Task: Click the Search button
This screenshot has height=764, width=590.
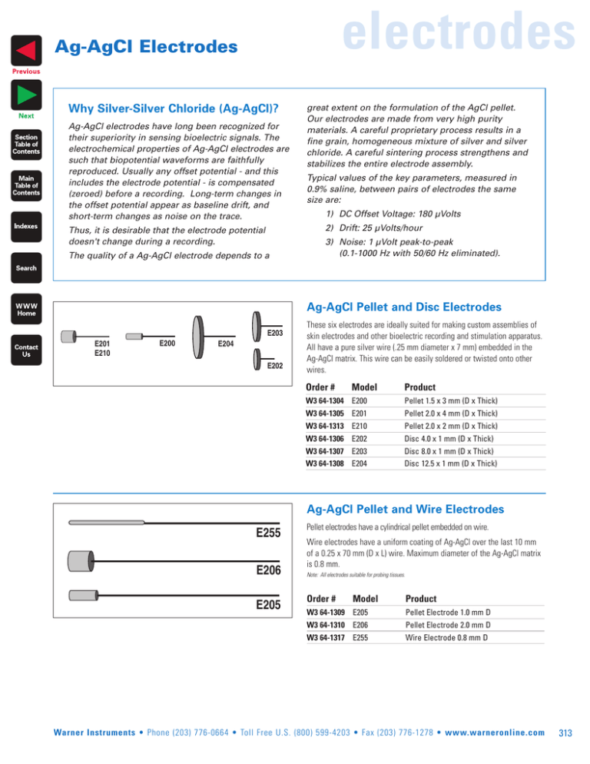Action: pyautogui.click(x=26, y=268)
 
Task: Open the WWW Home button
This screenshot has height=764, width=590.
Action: pyautogui.click(x=26, y=308)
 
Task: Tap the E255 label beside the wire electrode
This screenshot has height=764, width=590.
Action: pyautogui.click(x=268, y=532)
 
